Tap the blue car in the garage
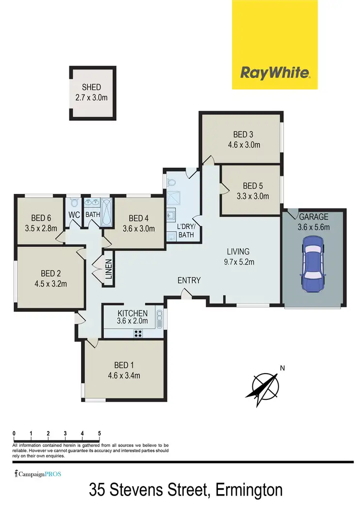[311, 265]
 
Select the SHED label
[91, 87]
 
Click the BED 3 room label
[244, 135]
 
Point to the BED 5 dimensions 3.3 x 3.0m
[252, 196]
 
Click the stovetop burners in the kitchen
[138, 333]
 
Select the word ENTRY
[189, 280]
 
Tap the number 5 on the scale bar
[99, 433]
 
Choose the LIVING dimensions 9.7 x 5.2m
[238, 262]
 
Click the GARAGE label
[314, 217]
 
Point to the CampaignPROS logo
[38, 474]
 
